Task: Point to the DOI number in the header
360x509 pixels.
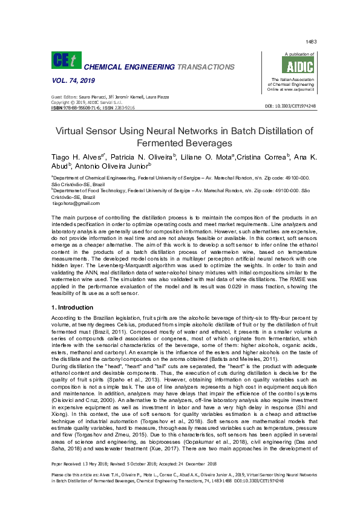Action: [x=290, y=106]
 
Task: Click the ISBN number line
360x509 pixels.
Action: [x=93, y=108]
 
